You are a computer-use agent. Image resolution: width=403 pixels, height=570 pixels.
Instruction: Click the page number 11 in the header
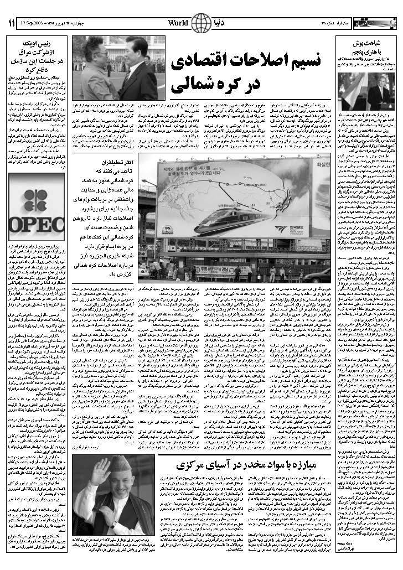[12, 23]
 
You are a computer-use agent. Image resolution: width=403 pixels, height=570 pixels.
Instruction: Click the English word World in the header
[178, 23]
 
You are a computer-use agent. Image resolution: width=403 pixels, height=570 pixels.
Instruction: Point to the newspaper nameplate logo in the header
[377, 23]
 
